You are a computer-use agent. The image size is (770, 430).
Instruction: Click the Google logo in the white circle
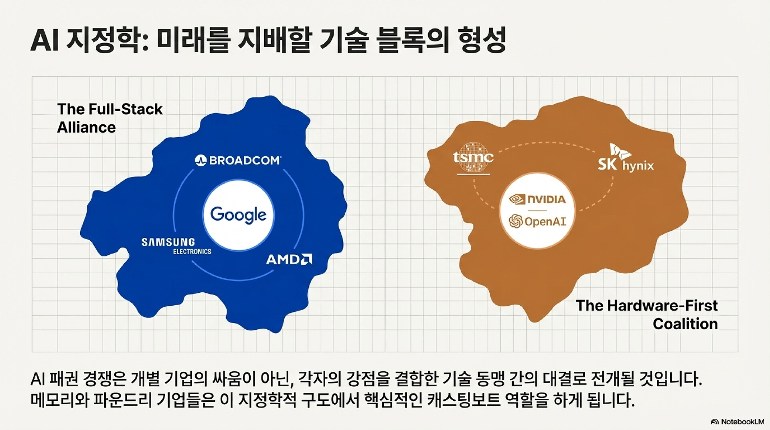(238, 215)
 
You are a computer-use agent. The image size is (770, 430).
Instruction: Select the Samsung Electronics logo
(176, 246)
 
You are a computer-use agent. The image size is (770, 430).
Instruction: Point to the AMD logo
(289, 260)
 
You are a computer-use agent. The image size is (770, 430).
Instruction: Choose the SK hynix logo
(626, 158)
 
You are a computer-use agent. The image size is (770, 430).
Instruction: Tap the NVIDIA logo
(537, 199)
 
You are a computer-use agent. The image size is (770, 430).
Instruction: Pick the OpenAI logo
(537, 221)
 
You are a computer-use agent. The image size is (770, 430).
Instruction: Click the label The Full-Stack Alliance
(109, 118)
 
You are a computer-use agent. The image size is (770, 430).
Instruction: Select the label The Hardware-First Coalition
(646, 314)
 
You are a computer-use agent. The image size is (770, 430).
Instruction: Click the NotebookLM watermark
(738, 422)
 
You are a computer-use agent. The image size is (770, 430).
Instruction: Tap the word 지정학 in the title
(108, 41)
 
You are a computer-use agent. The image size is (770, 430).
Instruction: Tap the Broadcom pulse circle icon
(201, 160)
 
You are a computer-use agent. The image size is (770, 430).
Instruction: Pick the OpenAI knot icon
(516, 221)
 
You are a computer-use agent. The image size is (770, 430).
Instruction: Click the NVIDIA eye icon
(517, 199)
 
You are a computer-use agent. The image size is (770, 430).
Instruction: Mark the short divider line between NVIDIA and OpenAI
(537, 210)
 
